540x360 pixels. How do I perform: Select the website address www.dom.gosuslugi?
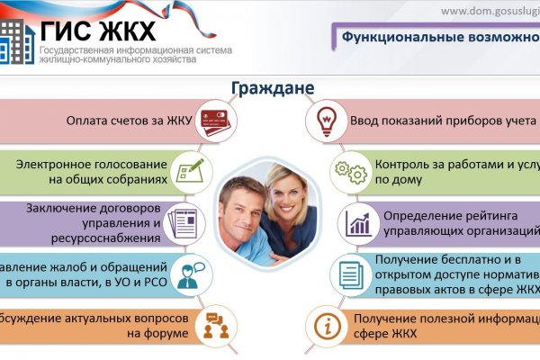click(490, 11)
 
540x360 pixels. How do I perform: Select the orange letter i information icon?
click(325, 325)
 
